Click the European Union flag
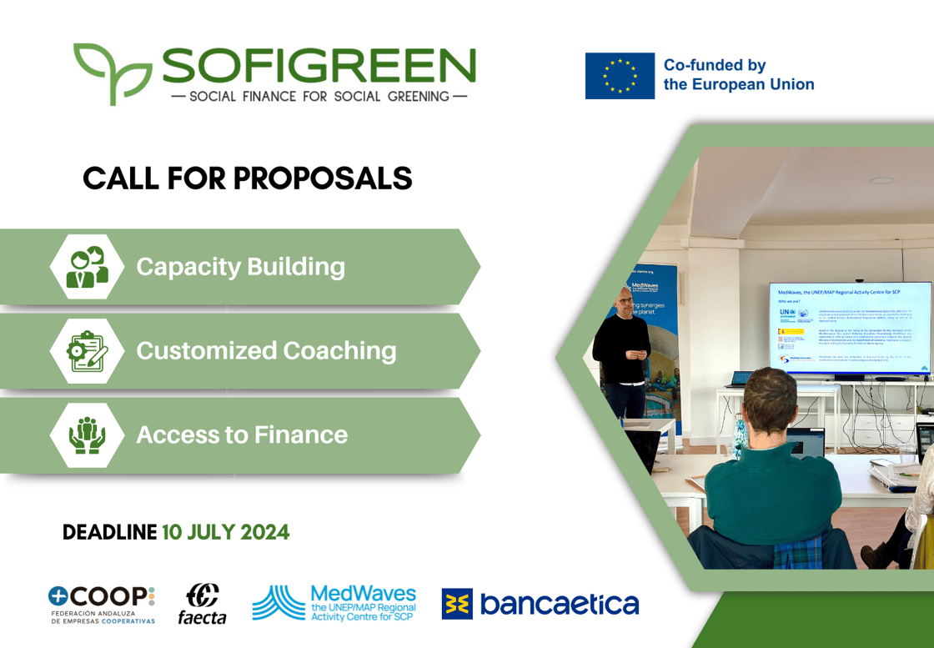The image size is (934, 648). point(620,76)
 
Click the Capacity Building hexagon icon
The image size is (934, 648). point(87,267)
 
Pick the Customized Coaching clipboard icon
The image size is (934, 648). point(87,351)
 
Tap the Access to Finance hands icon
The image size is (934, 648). point(87,435)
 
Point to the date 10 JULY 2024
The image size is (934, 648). point(225,532)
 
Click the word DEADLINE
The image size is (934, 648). point(109,532)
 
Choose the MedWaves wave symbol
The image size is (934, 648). point(278,602)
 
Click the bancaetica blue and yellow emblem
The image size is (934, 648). point(457,604)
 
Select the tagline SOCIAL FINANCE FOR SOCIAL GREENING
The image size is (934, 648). point(319,96)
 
